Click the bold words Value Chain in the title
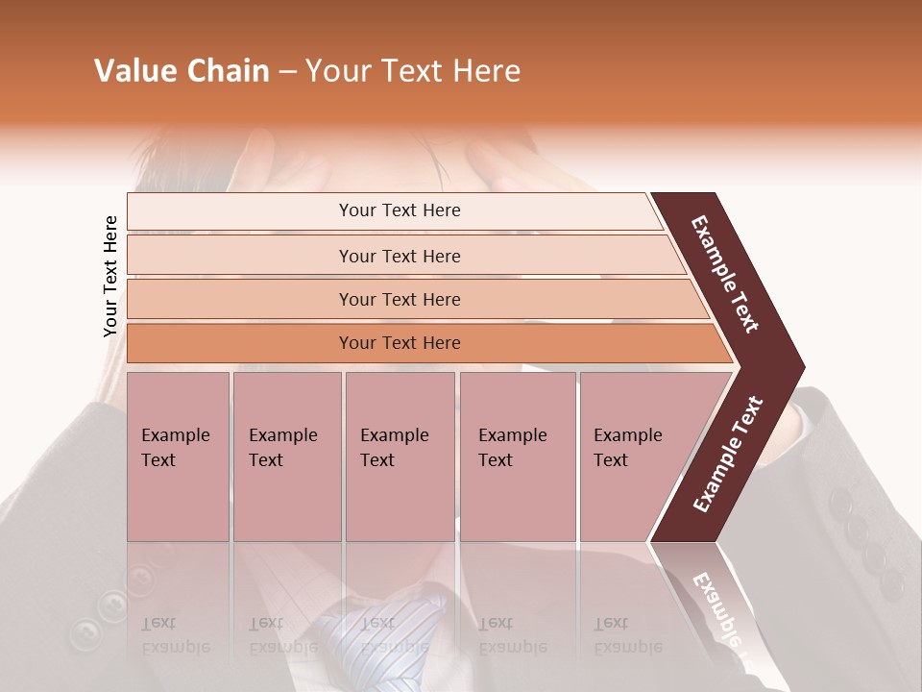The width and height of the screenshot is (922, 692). click(182, 71)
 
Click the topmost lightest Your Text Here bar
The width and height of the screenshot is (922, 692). click(399, 210)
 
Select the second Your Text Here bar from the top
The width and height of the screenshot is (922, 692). click(399, 256)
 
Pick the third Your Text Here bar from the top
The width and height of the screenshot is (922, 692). click(399, 299)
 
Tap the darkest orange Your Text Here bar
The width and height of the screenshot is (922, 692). click(399, 343)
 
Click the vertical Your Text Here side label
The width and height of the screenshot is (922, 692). click(110, 276)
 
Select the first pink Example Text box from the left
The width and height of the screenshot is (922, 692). click(178, 456)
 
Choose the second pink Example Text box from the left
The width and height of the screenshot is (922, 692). click(286, 456)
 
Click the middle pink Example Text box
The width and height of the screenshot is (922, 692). click(400, 456)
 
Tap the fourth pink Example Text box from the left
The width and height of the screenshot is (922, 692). click(518, 456)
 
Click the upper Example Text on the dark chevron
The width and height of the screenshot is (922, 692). click(726, 274)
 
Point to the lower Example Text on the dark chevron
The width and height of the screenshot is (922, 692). click(727, 455)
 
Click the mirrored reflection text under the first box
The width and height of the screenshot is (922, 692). click(175, 635)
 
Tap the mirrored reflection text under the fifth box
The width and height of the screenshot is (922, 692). click(627, 635)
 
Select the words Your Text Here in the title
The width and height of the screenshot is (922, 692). click(413, 71)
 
